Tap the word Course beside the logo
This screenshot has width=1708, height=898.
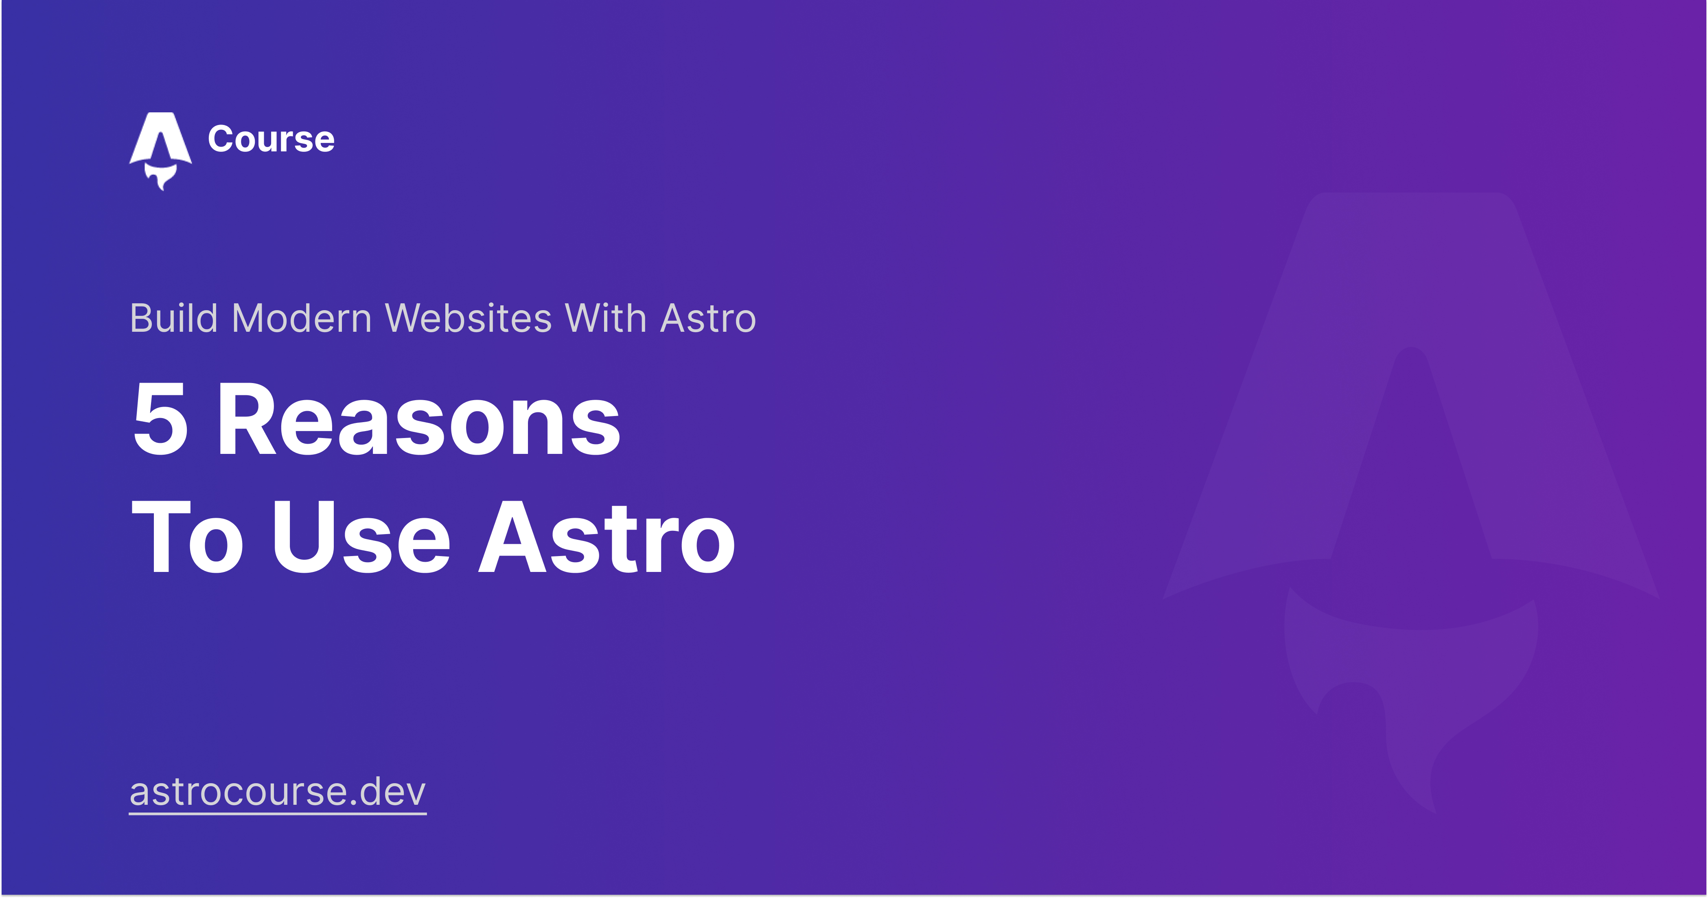click(271, 139)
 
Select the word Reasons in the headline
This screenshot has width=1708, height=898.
click(419, 420)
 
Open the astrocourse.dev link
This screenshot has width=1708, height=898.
click(278, 793)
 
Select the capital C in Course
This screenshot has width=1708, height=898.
click(222, 139)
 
